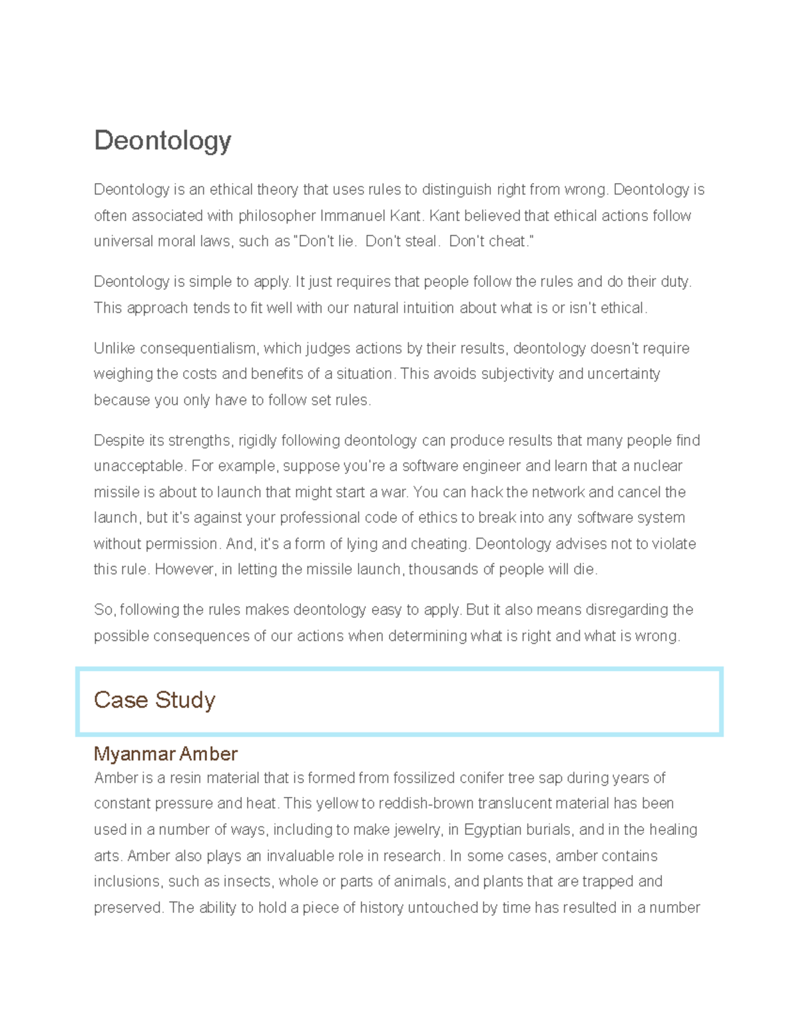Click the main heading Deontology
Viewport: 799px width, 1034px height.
(x=162, y=140)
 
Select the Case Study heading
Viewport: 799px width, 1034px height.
(x=154, y=700)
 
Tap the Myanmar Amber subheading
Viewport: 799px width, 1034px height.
(x=165, y=754)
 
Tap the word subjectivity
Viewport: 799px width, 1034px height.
(x=518, y=374)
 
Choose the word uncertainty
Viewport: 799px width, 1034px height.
(x=623, y=374)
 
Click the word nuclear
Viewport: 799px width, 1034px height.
(x=658, y=466)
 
